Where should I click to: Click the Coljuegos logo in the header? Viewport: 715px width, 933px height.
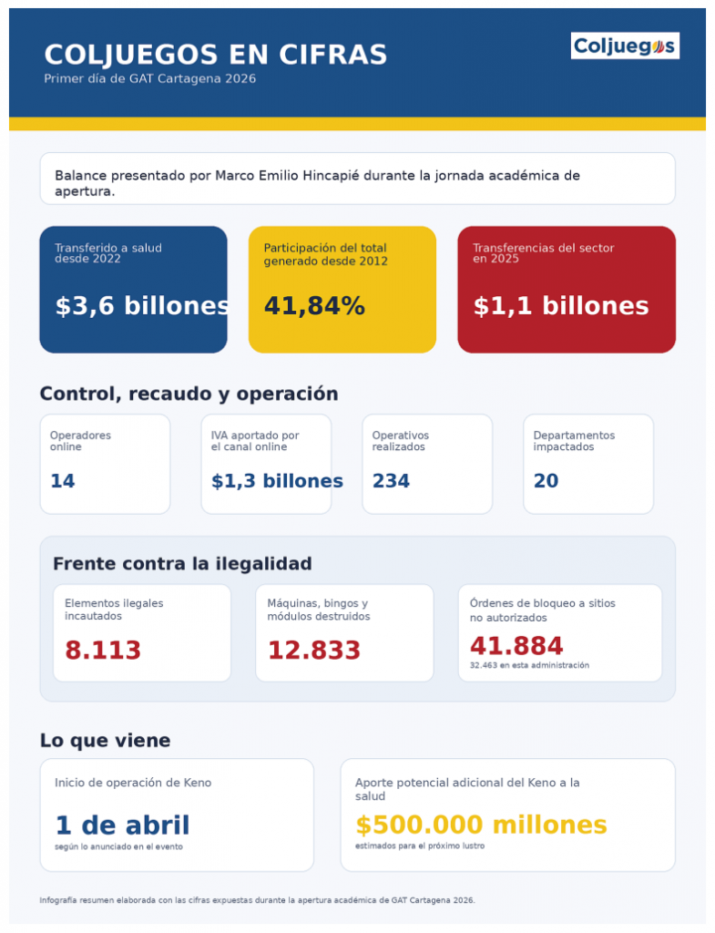click(x=625, y=46)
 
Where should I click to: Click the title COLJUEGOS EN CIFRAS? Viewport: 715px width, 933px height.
click(x=216, y=55)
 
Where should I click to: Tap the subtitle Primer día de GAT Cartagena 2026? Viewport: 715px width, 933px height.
click(x=150, y=79)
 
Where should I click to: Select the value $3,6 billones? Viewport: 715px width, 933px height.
click(x=142, y=306)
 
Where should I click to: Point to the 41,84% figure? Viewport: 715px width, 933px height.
click(x=314, y=306)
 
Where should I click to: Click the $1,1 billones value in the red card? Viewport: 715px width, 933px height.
click(x=561, y=306)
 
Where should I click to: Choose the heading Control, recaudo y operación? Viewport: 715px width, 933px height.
click(x=189, y=395)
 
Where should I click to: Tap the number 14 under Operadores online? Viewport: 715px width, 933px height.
click(x=63, y=481)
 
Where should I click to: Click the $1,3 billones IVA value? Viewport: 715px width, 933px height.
click(x=277, y=481)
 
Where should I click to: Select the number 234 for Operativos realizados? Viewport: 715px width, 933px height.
click(x=391, y=481)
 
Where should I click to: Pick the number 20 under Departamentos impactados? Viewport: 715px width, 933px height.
click(x=546, y=481)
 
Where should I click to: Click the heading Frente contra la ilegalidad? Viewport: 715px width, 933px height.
click(x=182, y=564)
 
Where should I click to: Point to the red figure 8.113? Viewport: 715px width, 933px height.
click(x=103, y=651)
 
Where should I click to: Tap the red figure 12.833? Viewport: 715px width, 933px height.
click(x=314, y=651)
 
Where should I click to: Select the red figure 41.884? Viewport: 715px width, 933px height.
click(x=516, y=646)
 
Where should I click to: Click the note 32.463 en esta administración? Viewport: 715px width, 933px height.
click(x=529, y=666)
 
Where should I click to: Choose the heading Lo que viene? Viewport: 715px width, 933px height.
click(x=105, y=741)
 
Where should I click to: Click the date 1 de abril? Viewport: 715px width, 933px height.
click(x=122, y=825)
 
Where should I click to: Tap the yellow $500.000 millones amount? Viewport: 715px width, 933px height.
click(x=481, y=825)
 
